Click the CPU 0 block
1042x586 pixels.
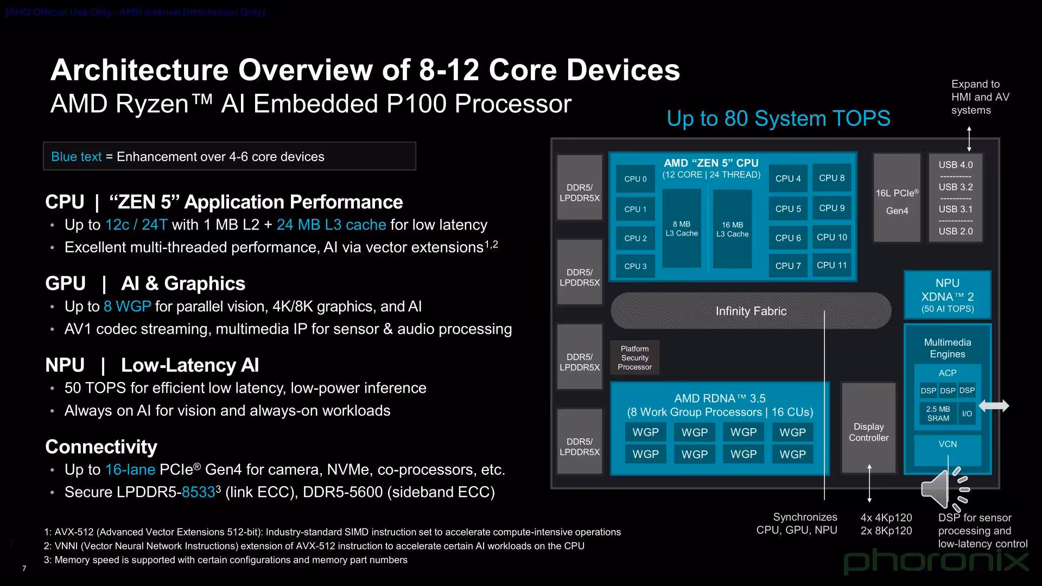click(635, 179)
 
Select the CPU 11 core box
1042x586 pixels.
click(831, 265)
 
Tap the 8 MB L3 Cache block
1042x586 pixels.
click(682, 228)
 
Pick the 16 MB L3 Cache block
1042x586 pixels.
click(732, 229)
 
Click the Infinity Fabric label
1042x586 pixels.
click(751, 311)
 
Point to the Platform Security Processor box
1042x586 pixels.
click(634, 358)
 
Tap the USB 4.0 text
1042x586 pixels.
click(956, 165)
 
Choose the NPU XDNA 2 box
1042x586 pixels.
click(947, 295)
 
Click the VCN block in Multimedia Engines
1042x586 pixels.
click(948, 444)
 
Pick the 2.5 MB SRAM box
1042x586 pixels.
click(938, 413)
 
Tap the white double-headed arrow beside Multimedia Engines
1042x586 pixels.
click(994, 406)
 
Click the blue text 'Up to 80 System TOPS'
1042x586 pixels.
click(778, 118)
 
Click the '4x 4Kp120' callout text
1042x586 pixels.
click(886, 518)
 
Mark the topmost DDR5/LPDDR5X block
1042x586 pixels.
click(580, 188)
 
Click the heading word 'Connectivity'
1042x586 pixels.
click(101, 447)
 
